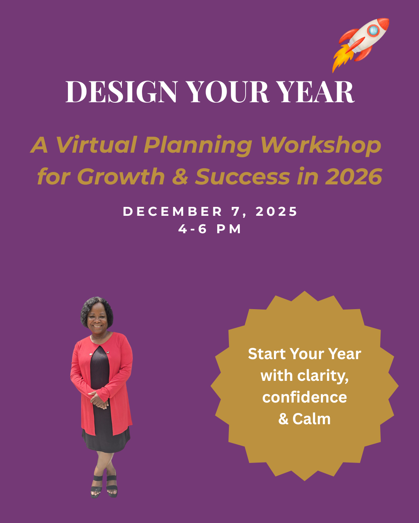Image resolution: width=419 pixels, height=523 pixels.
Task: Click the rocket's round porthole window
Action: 373,30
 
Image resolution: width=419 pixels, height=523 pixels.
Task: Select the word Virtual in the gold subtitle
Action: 97,145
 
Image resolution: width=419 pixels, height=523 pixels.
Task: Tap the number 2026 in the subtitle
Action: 353,177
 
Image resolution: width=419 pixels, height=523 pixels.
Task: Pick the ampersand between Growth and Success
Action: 180,177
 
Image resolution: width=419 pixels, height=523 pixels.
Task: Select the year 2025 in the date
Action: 277,212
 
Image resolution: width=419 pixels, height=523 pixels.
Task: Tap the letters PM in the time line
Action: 229,229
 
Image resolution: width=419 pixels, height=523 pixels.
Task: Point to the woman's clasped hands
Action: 100,400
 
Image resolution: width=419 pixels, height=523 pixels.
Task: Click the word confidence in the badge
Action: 305,397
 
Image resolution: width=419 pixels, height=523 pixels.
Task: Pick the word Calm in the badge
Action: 312,419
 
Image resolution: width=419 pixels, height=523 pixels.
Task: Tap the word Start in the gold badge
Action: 267,354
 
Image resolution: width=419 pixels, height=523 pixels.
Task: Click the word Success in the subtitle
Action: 242,177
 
